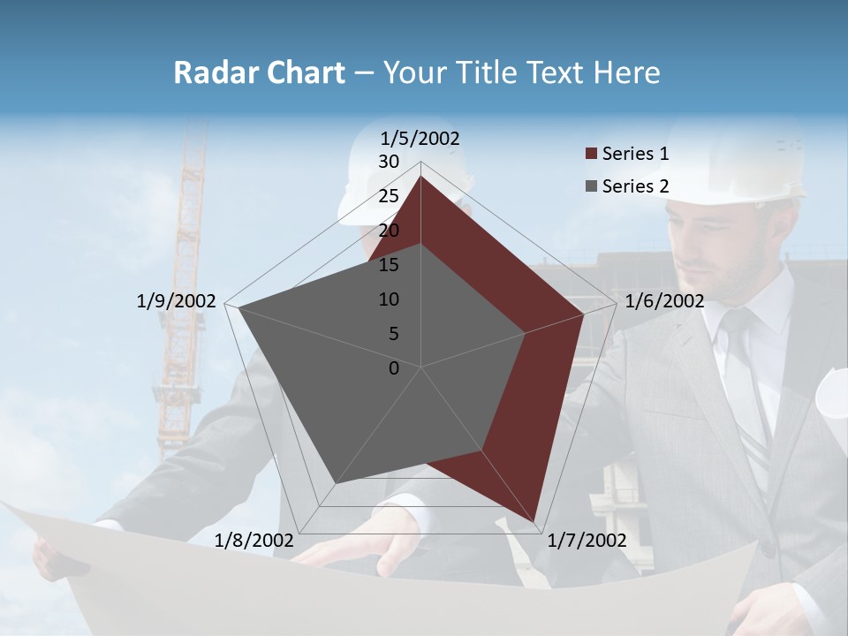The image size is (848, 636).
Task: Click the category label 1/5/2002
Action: click(420, 139)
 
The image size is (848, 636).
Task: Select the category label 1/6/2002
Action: click(664, 301)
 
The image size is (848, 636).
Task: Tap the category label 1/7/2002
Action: click(587, 541)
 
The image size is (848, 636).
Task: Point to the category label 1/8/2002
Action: click(254, 541)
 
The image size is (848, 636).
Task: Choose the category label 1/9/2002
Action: click(176, 301)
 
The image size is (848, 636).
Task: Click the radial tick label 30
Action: click(389, 162)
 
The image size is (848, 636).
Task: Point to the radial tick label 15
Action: click(389, 265)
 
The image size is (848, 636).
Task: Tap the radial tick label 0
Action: click(394, 368)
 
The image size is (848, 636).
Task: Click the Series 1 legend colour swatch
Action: click(591, 155)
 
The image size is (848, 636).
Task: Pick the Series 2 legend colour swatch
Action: click(591, 186)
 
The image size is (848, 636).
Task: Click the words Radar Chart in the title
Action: click(259, 73)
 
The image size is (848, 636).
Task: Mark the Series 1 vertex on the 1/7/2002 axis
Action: click(536, 520)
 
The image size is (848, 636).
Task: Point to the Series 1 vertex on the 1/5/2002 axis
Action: click(421, 176)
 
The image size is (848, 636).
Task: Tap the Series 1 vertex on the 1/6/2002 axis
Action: click(583, 314)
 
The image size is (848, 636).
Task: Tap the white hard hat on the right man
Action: click(742, 163)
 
